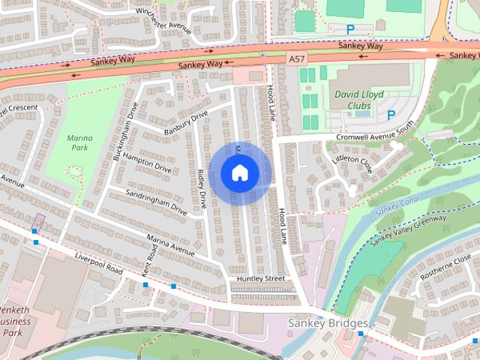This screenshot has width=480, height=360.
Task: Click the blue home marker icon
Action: coord(240,173)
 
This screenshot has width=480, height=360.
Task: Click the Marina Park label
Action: coord(79,143)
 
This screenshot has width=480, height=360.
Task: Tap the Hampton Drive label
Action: coord(148,165)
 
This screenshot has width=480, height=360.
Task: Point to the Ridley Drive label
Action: coord(201,188)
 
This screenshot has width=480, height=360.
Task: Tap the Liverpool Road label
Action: coord(98,262)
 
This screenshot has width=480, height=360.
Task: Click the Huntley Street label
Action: coord(260,278)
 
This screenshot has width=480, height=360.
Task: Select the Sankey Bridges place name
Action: coord(328,323)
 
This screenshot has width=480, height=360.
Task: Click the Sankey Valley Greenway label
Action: coord(409,228)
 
